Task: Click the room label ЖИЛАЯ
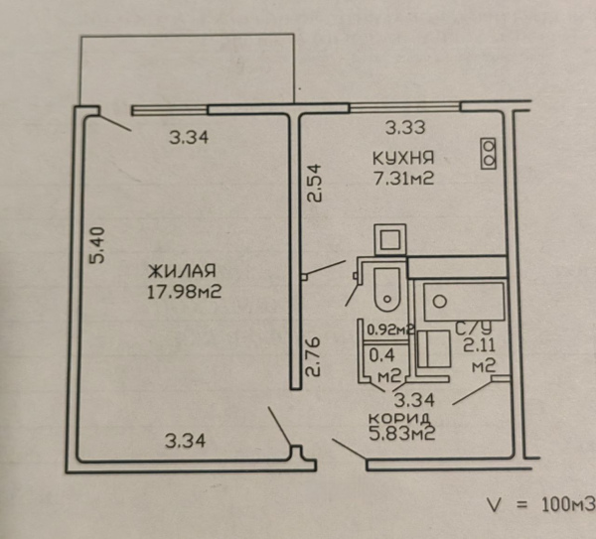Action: pos(182,271)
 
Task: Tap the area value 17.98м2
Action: pos(184,292)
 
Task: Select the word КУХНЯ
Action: pos(403,158)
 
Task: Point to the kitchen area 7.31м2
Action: pos(403,178)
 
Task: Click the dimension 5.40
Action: pos(96,245)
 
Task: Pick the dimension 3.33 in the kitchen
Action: pos(405,128)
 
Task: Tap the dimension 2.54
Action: pos(314,183)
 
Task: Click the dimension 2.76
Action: pos(314,357)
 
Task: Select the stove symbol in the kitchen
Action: pos(489,153)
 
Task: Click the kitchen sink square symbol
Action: pos(390,240)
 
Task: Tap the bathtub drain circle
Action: pos(440,302)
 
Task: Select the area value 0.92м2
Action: pos(390,330)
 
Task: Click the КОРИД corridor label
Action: pos(399,418)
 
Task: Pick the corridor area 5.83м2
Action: pos(402,432)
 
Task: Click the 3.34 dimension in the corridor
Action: pos(414,400)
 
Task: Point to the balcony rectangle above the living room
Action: pos(188,69)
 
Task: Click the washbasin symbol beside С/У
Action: pos(434,348)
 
